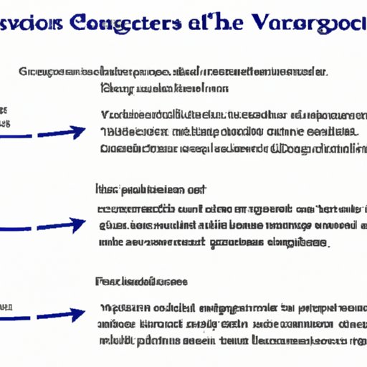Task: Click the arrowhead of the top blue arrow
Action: pyautogui.click(x=77, y=133)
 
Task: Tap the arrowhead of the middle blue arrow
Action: pyautogui.click(x=77, y=226)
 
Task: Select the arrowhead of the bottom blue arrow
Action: pyautogui.click(x=77, y=315)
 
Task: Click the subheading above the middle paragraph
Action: pyautogui.click(x=150, y=191)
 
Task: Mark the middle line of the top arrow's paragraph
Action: pyautogui.click(x=228, y=131)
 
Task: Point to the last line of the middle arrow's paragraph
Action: pyautogui.click(x=212, y=243)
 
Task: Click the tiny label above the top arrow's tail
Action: pyautogui.click(x=4, y=112)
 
